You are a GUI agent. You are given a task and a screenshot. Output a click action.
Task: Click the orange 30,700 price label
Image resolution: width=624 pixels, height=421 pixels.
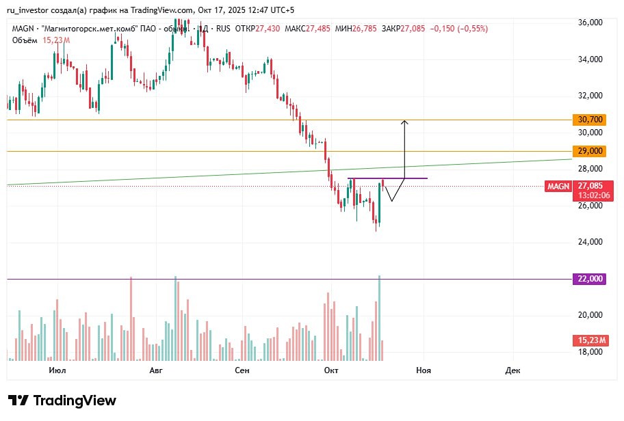pos(590,120)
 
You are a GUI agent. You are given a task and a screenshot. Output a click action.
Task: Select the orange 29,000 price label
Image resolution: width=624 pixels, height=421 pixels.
pos(590,151)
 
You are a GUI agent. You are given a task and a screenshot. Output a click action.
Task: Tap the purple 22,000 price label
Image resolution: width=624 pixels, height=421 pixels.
pos(590,279)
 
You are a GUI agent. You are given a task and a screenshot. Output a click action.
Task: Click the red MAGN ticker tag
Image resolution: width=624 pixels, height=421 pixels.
pos(558,186)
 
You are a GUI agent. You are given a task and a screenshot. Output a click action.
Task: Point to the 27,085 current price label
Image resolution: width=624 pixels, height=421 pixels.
pos(590,185)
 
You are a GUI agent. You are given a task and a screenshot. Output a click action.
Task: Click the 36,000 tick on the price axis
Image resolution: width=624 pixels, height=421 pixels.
pos(590,23)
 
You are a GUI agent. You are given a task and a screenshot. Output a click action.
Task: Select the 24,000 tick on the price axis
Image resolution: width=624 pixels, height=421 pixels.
pos(590,242)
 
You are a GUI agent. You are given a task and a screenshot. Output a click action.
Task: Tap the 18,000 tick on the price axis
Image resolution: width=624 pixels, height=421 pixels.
pos(590,352)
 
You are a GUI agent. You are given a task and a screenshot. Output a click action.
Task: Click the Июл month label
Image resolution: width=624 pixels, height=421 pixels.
pos(58,370)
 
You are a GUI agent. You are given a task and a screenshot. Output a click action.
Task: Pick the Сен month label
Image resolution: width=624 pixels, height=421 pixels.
pos(242,370)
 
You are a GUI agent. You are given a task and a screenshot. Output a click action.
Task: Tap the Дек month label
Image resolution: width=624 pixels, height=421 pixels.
pos(512,370)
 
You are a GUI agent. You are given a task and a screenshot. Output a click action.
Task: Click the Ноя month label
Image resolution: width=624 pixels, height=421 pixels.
pos(424,370)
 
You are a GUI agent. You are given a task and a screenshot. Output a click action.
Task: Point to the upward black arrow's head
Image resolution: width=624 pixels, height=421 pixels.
pos(404,122)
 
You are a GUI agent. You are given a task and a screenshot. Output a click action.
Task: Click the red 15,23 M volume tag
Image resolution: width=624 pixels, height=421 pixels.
pos(590,340)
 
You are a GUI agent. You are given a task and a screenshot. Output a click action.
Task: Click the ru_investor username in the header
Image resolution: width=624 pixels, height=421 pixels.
pos(30,10)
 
